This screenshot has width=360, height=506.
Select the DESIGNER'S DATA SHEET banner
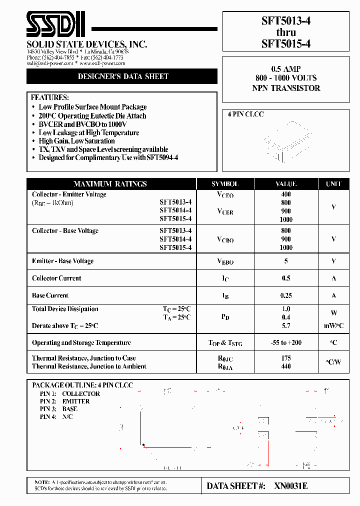click(x=123, y=76)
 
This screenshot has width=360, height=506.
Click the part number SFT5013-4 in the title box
click(x=285, y=21)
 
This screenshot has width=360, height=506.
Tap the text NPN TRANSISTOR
click(x=286, y=88)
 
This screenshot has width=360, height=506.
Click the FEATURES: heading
click(x=50, y=97)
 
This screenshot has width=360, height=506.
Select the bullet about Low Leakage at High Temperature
click(x=88, y=132)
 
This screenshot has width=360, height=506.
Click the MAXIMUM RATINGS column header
click(x=110, y=184)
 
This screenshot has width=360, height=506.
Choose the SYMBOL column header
click(x=225, y=184)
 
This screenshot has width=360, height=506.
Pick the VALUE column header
click(x=286, y=184)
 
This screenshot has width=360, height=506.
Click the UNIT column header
click(x=333, y=184)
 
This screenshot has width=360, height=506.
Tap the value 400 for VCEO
click(x=286, y=194)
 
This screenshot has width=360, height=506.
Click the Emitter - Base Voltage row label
click(x=62, y=261)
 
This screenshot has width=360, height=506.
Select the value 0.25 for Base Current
click(x=286, y=295)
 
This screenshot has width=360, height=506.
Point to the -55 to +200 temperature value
click(x=286, y=343)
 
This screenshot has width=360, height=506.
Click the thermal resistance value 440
click(x=286, y=366)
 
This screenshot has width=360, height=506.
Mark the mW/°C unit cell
click(x=333, y=326)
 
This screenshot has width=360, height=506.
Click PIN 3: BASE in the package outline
click(x=58, y=409)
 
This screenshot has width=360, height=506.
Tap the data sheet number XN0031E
click(x=291, y=486)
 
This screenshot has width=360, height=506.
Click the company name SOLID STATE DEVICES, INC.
click(x=86, y=44)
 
